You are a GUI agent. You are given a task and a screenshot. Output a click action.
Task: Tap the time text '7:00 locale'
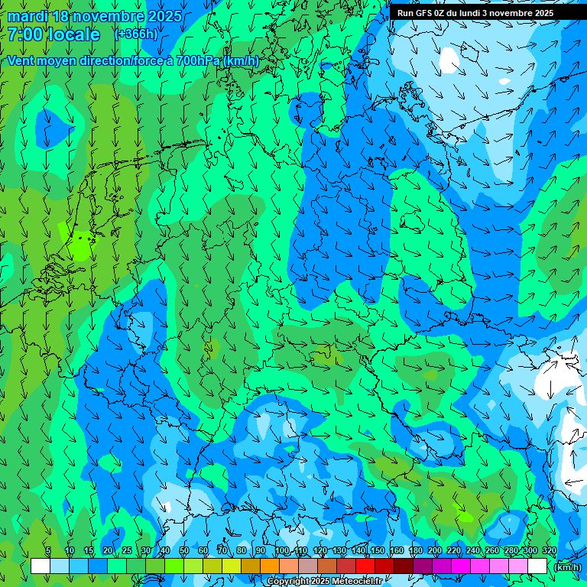click(x=54, y=35)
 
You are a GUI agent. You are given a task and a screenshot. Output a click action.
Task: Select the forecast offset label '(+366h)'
click(x=136, y=34)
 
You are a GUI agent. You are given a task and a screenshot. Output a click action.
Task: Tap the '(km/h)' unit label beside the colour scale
click(x=568, y=566)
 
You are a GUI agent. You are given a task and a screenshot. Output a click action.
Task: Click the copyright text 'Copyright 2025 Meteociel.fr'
click(x=325, y=582)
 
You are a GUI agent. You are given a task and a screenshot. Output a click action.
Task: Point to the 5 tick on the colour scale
click(x=48, y=551)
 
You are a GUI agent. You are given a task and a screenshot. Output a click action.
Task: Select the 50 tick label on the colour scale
click(x=184, y=551)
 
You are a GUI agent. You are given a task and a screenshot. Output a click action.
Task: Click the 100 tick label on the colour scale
click(x=282, y=551)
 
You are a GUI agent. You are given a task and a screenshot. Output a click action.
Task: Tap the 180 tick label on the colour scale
click(x=415, y=551)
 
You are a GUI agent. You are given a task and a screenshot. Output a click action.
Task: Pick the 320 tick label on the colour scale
click(x=549, y=551)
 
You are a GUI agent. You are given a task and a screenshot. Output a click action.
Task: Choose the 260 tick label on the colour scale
click(x=491, y=551)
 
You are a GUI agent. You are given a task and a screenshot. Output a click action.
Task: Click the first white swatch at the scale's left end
click(x=41, y=566)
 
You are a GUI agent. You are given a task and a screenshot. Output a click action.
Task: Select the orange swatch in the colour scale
click(x=270, y=566)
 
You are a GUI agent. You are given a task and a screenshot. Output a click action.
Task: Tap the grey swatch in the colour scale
click(x=308, y=566)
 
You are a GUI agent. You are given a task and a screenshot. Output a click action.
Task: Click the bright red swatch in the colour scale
click(x=365, y=566)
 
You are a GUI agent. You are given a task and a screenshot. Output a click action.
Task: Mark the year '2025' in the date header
click(x=164, y=16)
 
